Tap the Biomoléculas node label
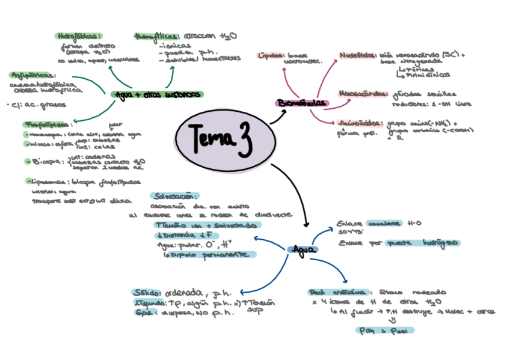(303, 103)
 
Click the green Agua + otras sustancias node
(157, 94)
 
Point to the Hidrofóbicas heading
(79, 36)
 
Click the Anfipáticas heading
(33, 75)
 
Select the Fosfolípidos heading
(46, 124)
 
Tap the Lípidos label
(270, 55)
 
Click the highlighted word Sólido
(148, 293)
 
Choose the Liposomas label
(48, 180)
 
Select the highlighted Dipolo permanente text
(210, 255)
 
